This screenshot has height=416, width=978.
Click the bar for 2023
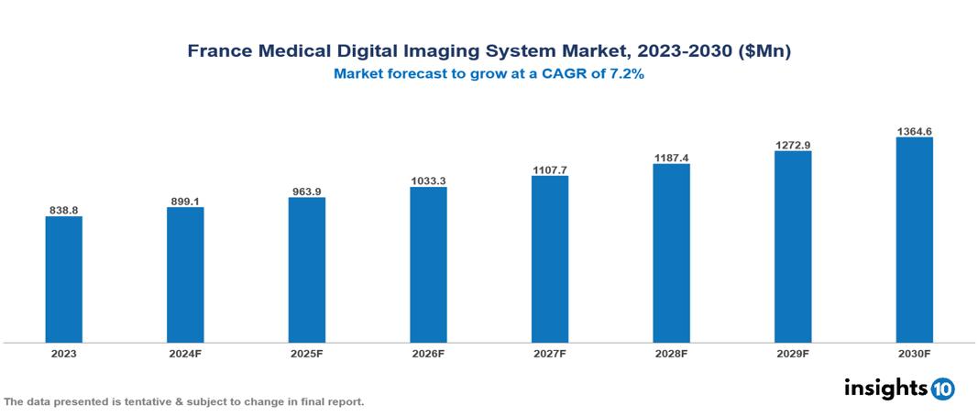[x=63, y=279]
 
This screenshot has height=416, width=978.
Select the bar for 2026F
[x=428, y=264]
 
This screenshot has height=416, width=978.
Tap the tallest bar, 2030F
[x=914, y=239]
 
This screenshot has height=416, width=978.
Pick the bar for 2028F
[x=671, y=253]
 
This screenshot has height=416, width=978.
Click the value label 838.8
[x=63, y=210]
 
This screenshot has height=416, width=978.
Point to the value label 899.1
[x=185, y=201]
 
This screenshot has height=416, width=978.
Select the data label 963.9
[x=306, y=192]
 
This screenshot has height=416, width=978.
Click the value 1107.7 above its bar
[x=549, y=170]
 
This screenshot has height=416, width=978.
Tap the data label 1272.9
[x=793, y=145]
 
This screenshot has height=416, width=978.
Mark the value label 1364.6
[x=914, y=132]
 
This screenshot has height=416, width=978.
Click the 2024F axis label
[x=185, y=353]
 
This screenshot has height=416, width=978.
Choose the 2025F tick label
[x=306, y=353]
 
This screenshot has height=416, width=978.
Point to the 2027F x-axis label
[x=549, y=353]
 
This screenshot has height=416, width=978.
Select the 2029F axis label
[x=793, y=353]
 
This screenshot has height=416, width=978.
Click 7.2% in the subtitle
[x=625, y=74]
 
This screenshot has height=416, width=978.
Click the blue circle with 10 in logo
[x=942, y=389]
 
